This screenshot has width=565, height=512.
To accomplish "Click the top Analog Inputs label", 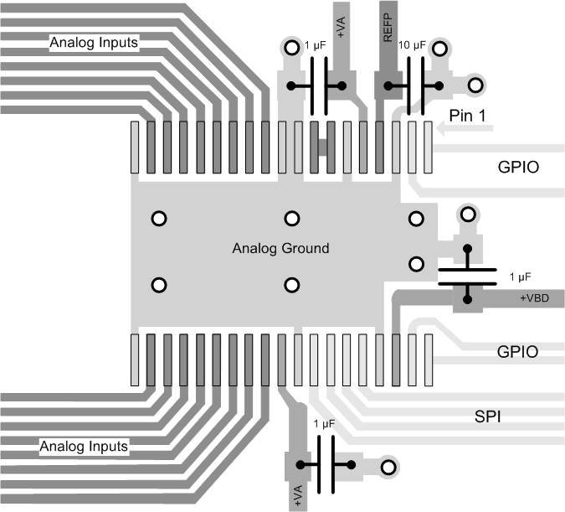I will tap(94, 41).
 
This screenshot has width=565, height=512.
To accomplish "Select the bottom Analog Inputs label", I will tap(84, 446).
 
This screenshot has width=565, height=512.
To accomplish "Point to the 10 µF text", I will tap(414, 45).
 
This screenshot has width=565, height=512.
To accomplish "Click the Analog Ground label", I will tap(280, 248).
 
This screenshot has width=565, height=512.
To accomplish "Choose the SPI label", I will tap(487, 416).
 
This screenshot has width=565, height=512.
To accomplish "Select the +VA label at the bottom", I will tap(298, 495).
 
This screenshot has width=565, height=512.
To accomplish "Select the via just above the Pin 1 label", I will tap(475, 85).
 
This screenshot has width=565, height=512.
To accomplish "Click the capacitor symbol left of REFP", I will tap(316, 85).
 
